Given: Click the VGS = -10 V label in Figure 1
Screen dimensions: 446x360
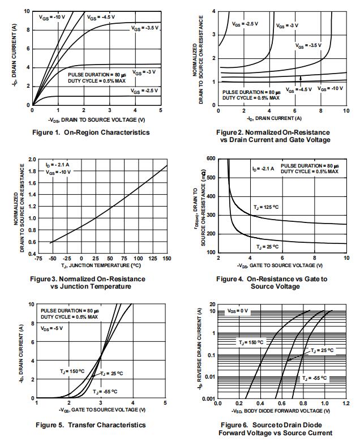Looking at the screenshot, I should [x=53, y=18].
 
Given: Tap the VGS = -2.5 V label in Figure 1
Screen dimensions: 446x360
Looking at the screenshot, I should [x=144, y=91].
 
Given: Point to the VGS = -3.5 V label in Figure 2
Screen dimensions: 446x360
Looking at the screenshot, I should [x=307, y=45].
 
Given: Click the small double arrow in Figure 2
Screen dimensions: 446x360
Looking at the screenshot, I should [x=301, y=79].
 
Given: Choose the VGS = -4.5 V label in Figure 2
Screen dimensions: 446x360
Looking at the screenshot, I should [x=298, y=89].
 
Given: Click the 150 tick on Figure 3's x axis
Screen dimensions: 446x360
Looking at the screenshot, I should [x=167, y=258].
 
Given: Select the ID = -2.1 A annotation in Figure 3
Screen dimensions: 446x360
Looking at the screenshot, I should [x=58, y=164].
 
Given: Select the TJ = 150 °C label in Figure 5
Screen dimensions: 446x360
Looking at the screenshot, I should [x=72, y=371].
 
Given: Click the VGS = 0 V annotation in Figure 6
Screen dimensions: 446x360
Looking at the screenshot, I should [x=238, y=311].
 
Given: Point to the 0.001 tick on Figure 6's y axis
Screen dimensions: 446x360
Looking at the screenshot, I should [x=209, y=398].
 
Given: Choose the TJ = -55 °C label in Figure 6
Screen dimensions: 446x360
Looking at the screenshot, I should [x=314, y=378].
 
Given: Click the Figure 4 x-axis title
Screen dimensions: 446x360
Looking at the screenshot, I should [x=282, y=265].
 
